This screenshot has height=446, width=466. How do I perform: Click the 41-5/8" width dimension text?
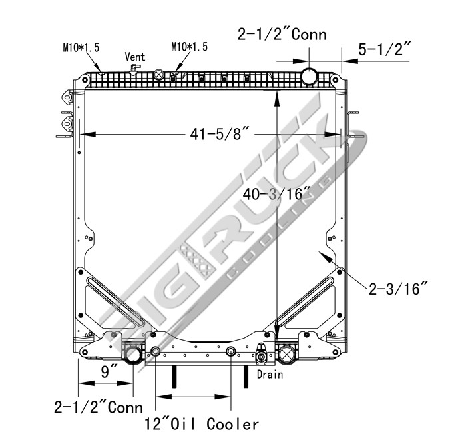[219, 135]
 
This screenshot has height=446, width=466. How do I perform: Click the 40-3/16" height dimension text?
[278, 195]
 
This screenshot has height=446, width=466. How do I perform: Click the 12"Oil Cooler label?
[202, 424]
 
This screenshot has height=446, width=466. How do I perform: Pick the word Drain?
[270, 375]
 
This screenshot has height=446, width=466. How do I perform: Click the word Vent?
[134, 57]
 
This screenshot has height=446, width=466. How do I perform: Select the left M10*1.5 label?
[81, 47]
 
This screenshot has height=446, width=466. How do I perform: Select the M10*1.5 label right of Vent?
[190, 47]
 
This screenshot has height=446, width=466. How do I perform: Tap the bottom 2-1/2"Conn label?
[98, 407]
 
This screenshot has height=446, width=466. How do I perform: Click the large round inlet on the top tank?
[310, 76]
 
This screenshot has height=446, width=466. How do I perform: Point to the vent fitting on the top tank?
[136, 69]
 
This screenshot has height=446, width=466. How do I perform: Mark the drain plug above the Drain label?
[262, 358]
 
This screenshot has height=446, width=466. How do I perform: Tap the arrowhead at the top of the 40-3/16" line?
[276, 97]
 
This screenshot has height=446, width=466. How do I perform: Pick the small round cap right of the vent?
[160, 75]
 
